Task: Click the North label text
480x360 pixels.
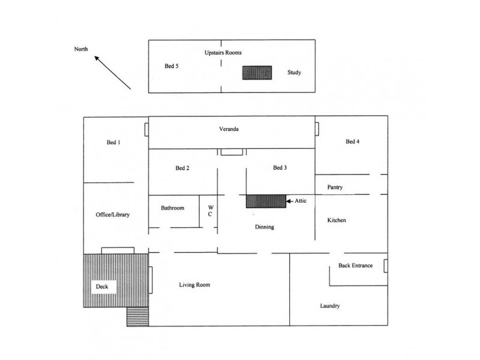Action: pyautogui.click(x=81, y=49)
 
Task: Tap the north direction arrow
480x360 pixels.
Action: pyautogui.click(x=112, y=73)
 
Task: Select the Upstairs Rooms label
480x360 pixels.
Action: pyautogui.click(x=223, y=53)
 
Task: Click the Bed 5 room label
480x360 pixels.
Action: pyautogui.click(x=172, y=66)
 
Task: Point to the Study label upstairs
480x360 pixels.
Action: pyautogui.click(x=294, y=73)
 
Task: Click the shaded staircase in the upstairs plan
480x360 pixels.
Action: pyautogui.click(x=257, y=73)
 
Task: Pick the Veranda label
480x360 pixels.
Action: pyautogui.click(x=229, y=129)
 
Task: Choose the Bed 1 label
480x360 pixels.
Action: pyautogui.click(x=113, y=142)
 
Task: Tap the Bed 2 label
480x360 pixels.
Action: pyautogui.click(x=182, y=168)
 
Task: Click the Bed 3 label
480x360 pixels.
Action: pyautogui.click(x=280, y=168)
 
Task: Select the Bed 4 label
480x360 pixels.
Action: pyautogui.click(x=352, y=142)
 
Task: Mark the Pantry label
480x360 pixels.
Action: pyautogui.click(x=335, y=187)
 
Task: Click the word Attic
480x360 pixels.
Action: pyautogui.click(x=301, y=201)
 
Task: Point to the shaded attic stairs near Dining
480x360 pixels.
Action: pyautogui.click(x=266, y=202)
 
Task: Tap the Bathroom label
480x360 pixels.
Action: pyautogui.click(x=173, y=208)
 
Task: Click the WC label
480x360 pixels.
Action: pyautogui.click(x=211, y=211)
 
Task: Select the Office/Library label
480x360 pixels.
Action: pyautogui.click(x=113, y=215)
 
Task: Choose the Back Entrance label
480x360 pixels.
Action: pyautogui.click(x=355, y=265)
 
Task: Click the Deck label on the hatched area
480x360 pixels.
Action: pyautogui.click(x=102, y=287)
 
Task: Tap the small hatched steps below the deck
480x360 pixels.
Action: pyautogui.click(x=138, y=317)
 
